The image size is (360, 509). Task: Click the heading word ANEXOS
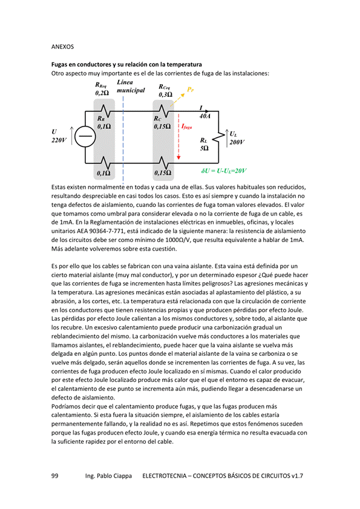click(62, 47)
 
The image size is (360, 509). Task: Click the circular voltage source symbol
click(85, 137)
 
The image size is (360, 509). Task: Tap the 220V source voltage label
click(59, 140)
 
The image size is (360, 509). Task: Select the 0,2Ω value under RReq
click(102, 93)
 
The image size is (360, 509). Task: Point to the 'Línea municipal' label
click(131, 87)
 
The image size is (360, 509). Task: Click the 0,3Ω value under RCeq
click(165, 95)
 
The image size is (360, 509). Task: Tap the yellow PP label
click(191, 89)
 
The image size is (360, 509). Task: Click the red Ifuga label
click(186, 126)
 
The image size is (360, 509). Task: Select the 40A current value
click(205, 116)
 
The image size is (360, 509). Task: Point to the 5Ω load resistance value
click(204, 148)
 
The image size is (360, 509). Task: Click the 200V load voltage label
click(237, 142)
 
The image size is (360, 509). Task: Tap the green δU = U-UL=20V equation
click(224, 171)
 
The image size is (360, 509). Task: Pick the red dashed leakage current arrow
click(178, 136)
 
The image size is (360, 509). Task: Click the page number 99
click(55, 476)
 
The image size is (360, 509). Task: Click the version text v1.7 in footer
click(297, 476)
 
